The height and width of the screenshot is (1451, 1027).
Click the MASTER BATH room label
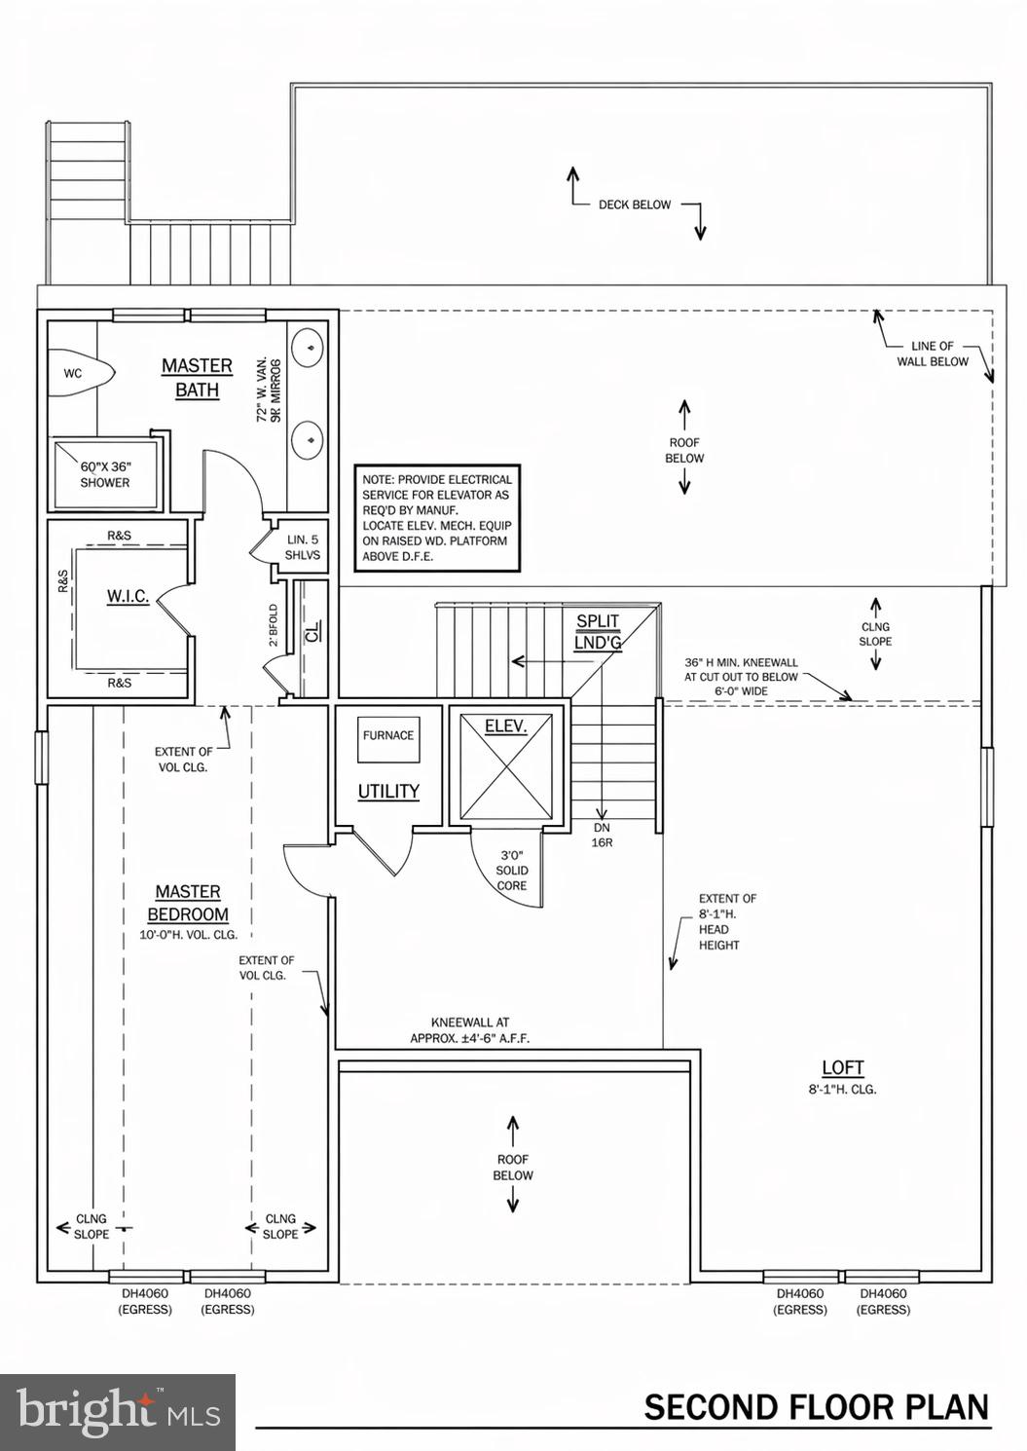click(197, 378)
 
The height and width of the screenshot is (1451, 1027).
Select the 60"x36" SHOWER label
click(105, 475)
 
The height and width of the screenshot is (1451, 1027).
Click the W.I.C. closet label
click(128, 596)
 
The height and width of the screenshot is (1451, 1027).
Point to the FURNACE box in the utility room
click(388, 735)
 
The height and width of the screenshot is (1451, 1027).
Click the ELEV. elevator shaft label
click(506, 726)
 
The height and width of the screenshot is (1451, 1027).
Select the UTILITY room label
click(388, 792)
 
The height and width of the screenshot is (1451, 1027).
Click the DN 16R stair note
click(603, 835)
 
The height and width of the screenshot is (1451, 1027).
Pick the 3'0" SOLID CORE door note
click(512, 871)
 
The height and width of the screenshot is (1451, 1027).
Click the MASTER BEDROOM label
click(188, 903)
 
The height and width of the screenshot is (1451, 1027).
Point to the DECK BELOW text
click(635, 205)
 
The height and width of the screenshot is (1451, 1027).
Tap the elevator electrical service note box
click(436, 518)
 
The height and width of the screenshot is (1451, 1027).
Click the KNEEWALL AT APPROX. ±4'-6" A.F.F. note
click(470, 1030)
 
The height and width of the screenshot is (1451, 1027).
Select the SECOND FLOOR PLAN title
click(816, 1407)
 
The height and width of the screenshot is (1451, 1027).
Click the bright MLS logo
click(118, 1411)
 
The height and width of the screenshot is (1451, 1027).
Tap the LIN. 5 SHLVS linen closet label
click(302, 547)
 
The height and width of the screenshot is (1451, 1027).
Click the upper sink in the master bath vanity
click(309, 347)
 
